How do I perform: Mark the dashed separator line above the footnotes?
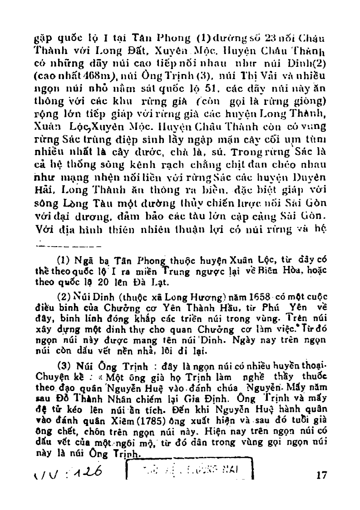point(68,248)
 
